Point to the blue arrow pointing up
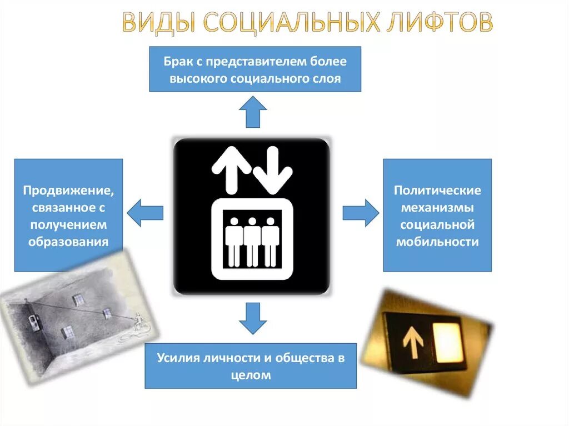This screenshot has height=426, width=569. pyautogui.click(x=253, y=112)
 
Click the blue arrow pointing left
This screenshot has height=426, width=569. pyautogui.click(x=145, y=213)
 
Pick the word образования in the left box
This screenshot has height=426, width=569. pyautogui.click(x=69, y=242)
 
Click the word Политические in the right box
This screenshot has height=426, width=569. pyautogui.click(x=437, y=191)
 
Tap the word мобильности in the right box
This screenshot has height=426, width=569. pyautogui.click(x=437, y=242)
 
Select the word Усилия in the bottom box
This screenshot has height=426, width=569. pyautogui.click(x=178, y=358)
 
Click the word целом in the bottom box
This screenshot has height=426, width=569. pyautogui.click(x=251, y=375)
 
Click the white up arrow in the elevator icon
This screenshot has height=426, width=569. pyautogui.click(x=231, y=167)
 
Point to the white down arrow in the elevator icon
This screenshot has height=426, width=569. pyautogui.click(x=272, y=169)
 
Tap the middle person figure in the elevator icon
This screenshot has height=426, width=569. pyautogui.click(x=253, y=241)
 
